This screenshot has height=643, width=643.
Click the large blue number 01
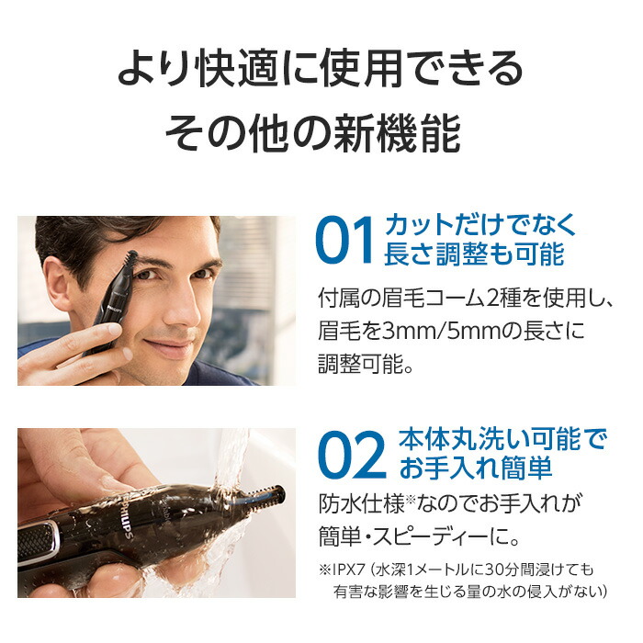coord(344,241)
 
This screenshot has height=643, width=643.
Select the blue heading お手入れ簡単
coord(476,468)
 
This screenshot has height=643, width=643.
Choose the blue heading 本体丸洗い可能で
coord(502,439)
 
